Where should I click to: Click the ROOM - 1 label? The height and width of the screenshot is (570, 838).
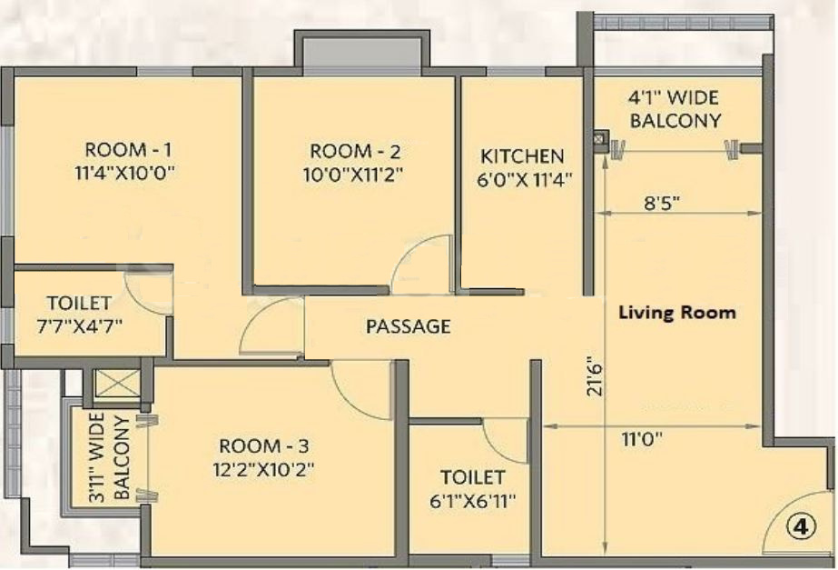(129, 150)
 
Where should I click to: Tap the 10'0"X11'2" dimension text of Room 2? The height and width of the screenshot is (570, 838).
(354, 173)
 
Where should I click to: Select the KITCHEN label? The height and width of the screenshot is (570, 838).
(522, 156)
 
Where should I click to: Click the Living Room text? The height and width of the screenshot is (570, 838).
(677, 313)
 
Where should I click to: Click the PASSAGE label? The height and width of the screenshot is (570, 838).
(408, 326)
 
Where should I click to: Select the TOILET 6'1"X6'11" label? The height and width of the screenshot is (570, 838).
(472, 487)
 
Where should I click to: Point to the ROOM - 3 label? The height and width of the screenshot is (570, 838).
(264, 446)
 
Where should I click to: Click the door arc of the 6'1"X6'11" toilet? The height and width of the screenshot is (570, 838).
(502, 442)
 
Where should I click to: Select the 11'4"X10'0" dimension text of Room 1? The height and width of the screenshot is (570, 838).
(129, 173)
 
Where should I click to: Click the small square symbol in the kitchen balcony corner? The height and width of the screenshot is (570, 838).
(600, 138)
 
